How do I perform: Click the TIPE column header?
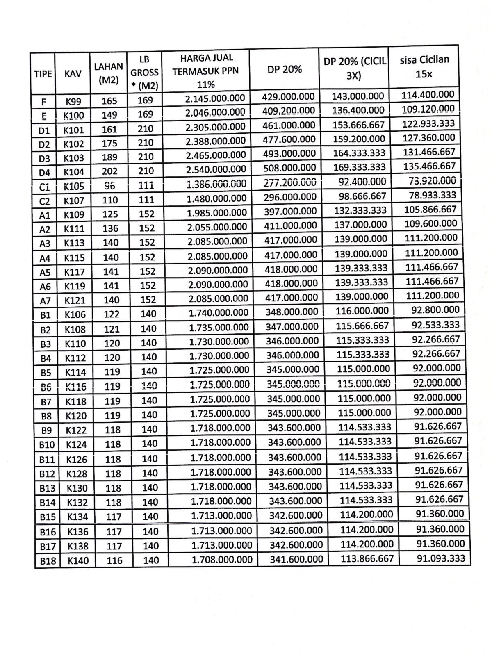pyautogui.click(x=43, y=74)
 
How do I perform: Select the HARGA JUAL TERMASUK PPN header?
pyautogui.click(x=205, y=71)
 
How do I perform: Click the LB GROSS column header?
pyautogui.click(x=144, y=73)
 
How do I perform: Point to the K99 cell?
pyautogui.click(x=73, y=101)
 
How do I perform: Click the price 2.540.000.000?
pyautogui.click(x=216, y=169)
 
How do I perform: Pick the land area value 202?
pyautogui.click(x=109, y=171)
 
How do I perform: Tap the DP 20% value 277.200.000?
pyautogui.click(x=290, y=183)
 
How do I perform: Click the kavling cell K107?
pyautogui.click(x=74, y=200)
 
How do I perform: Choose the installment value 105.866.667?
pyautogui.click(x=430, y=209)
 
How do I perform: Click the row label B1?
pyautogui.click(x=45, y=315)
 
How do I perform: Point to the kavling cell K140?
pyautogui.click(x=78, y=560)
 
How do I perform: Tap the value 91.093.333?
pyautogui.click(x=441, y=558)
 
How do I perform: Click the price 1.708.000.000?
pyautogui.click(x=222, y=559)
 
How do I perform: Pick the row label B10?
pyautogui.click(x=47, y=444)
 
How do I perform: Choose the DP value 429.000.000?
pyautogui.click(x=288, y=97)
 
